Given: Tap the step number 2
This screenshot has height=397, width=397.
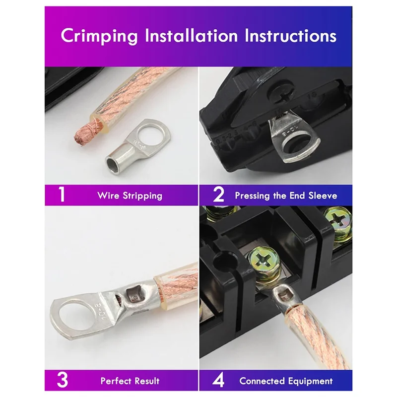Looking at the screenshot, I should click(218, 195).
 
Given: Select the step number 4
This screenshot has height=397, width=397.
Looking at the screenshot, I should click(218, 381).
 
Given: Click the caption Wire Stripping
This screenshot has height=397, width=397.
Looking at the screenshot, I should click(130, 196).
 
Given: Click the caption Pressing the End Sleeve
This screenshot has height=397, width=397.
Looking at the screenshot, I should click(286, 196).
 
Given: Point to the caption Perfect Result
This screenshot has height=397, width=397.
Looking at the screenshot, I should click(130, 381).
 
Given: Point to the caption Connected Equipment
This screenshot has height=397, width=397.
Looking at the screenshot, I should click(286, 381).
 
